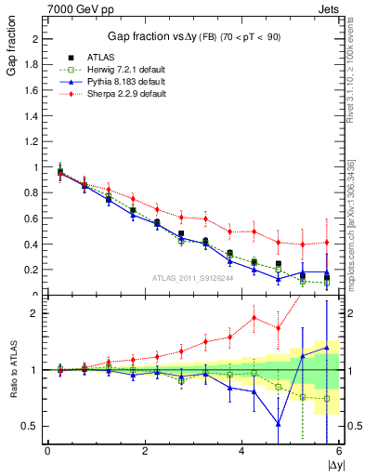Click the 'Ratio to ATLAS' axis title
click(x=12, y=372)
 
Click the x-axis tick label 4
click(x=242, y=451)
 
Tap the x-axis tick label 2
click(x=145, y=451)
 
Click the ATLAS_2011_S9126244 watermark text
click(x=192, y=277)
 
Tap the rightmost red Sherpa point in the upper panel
click(x=326, y=243)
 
